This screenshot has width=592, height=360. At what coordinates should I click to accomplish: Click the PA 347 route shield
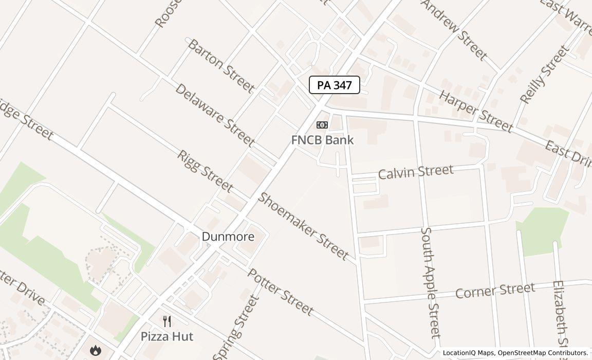tap(334, 85)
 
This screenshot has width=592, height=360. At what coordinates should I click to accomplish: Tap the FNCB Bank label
tap(322, 140)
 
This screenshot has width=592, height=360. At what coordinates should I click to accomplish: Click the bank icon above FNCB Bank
tap(322, 125)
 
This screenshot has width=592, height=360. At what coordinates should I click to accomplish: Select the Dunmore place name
tap(228, 237)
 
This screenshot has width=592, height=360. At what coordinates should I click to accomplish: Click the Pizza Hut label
tap(167, 336)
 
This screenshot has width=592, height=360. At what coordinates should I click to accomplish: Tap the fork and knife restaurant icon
tap(167, 322)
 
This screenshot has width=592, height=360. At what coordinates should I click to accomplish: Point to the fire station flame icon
tap(95, 351)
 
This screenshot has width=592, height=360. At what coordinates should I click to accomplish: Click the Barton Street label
tap(220, 66)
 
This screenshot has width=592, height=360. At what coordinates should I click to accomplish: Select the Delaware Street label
tap(215, 114)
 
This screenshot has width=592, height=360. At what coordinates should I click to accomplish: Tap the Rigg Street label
tap(205, 171)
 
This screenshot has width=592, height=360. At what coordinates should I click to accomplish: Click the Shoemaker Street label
tap(303, 226)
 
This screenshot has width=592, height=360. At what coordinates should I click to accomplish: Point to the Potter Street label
tap(281, 292)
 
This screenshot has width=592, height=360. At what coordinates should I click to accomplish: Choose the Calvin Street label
tap(416, 172)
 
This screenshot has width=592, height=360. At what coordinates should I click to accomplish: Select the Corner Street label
tap(495, 291)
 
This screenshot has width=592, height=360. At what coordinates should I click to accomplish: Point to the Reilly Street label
tap(545, 75)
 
